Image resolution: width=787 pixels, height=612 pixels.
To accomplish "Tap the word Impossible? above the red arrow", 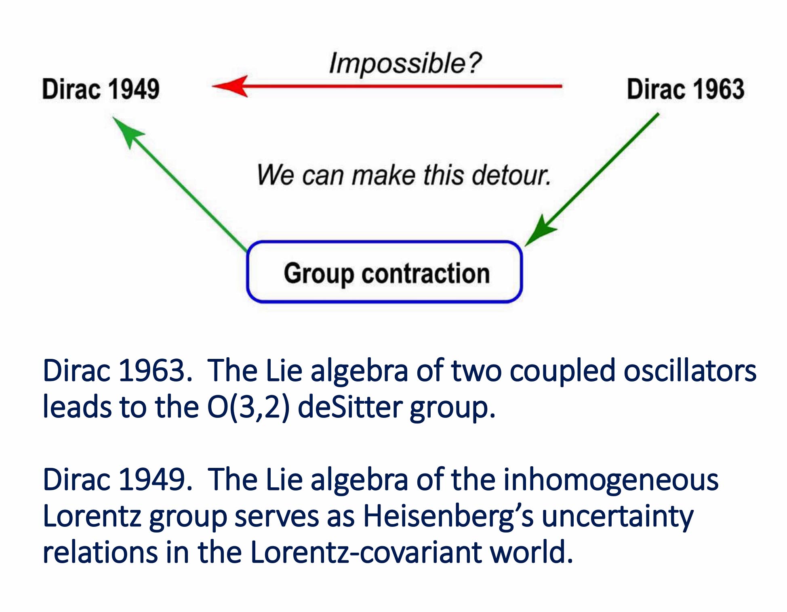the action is click(405, 63).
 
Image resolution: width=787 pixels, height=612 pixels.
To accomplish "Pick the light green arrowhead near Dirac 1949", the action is click(127, 132).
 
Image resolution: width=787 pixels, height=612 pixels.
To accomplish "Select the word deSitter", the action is click(350, 407).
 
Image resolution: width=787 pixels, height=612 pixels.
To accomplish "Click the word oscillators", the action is click(690, 371).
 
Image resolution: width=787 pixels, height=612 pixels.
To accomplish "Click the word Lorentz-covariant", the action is click(366, 552).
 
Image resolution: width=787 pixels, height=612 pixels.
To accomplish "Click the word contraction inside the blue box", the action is click(426, 273).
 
